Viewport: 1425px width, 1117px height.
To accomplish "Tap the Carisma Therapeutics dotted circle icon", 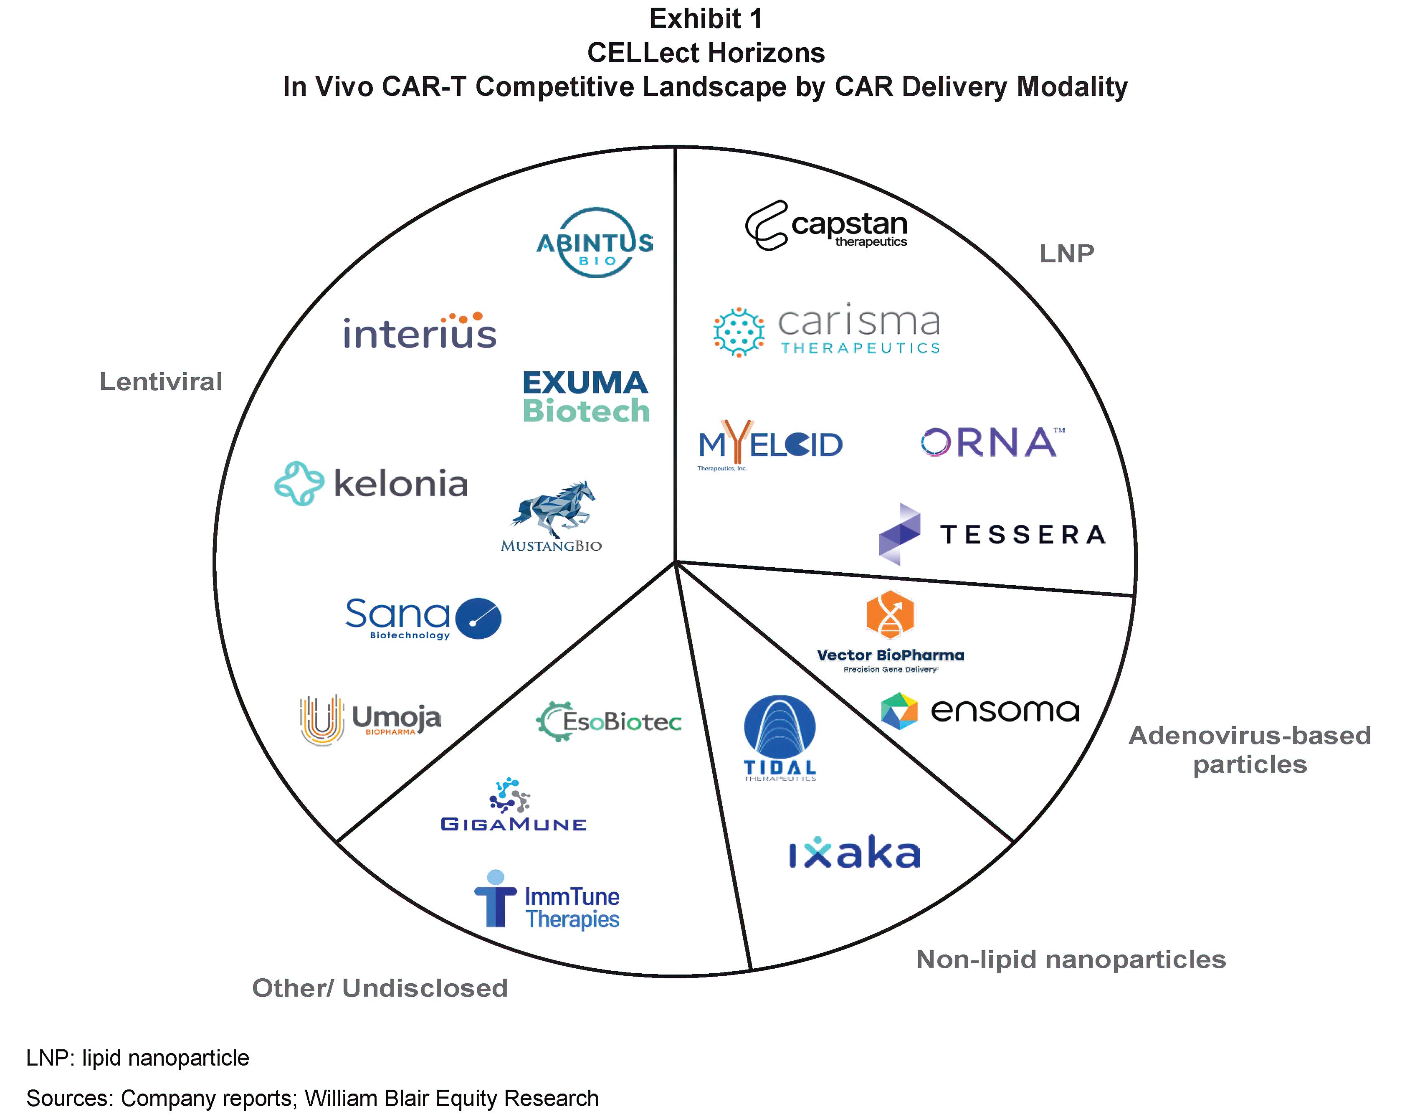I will [739, 332].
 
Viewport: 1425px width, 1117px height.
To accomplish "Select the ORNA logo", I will [991, 443].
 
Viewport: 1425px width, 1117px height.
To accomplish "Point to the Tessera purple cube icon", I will [899, 534].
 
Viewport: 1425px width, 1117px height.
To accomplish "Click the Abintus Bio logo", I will [595, 243].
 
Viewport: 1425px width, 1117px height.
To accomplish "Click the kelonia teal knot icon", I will [299, 483].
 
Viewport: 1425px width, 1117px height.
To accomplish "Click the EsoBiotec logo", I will [609, 721].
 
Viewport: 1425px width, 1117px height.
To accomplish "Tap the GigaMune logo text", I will [513, 824].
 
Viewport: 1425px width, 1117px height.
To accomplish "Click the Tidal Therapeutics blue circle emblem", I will [780, 728].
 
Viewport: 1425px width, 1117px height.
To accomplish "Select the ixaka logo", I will [855, 853].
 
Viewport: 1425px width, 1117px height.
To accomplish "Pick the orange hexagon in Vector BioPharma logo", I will [890, 615].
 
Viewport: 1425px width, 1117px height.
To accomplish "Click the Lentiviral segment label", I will [161, 382].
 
